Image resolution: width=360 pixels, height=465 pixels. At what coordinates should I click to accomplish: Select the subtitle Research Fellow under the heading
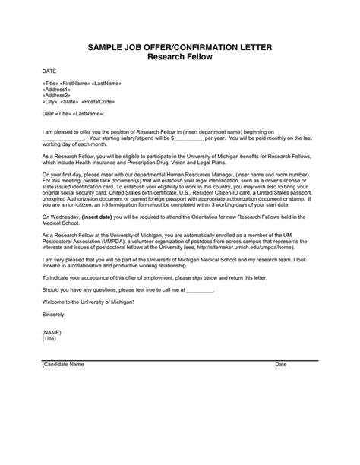click(179, 58)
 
